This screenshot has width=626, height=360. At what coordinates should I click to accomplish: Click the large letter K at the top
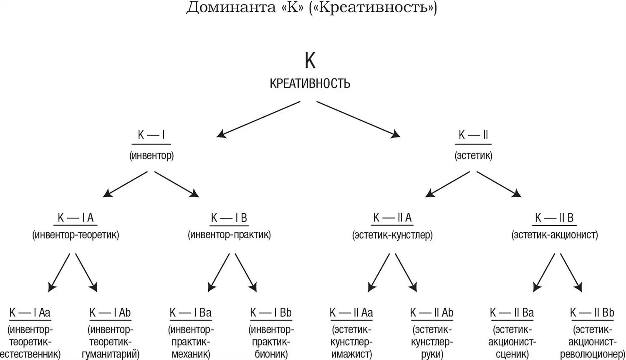(x=310, y=61)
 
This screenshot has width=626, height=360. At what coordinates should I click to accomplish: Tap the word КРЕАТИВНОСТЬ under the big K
(x=310, y=83)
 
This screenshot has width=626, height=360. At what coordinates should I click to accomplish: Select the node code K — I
(x=151, y=135)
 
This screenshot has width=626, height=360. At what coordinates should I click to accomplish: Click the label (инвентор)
(x=151, y=156)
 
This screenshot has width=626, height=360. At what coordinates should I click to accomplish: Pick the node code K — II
(x=473, y=135)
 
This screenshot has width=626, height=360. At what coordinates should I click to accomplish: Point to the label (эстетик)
(x=473, y=156)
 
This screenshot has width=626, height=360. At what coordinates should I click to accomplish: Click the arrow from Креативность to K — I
(x=259, y=119)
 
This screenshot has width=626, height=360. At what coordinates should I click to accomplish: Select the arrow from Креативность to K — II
(x=358, y=119)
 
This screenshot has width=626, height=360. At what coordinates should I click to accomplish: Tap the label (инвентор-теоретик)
(x=76, y=235)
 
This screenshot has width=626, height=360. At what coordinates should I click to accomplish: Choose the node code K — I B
(x=229, y=218)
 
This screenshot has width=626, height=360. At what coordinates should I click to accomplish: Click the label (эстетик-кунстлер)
(x=392, y=235)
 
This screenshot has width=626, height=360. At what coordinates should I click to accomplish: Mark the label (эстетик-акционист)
(x=554, y=235)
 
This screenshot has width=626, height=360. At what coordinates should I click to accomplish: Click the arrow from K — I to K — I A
(x=126, y=184)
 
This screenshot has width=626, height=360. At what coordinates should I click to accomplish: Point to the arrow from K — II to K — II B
(x=499, y=184)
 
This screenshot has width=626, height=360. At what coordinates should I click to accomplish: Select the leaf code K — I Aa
(x=30, y=312)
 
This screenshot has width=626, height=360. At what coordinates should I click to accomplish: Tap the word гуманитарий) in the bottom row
(x=111, y=355)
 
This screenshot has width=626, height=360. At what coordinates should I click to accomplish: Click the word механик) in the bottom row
(x=191, y=355)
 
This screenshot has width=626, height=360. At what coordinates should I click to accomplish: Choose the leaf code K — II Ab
(x=432, y=312)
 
